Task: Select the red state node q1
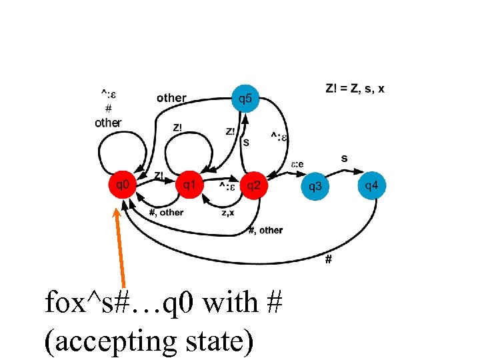pos(189,185)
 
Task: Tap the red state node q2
pos(253,186)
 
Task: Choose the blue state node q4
pos(372,185)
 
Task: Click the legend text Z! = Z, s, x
pos(355,89)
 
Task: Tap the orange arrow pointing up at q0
pos(121,247)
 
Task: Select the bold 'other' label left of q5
pos(171,98)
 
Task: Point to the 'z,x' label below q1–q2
pos(227,213)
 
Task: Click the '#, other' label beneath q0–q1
pos(166,213)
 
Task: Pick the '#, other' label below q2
pos(265,230)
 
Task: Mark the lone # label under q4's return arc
pos(328,259)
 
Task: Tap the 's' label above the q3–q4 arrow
pos(344,158)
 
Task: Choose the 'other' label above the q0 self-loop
pos(108,123)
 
